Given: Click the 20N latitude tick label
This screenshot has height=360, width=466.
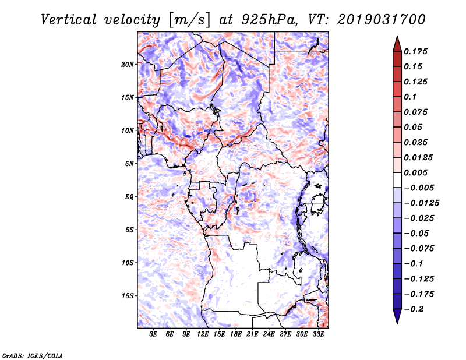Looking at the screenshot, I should (128, 64).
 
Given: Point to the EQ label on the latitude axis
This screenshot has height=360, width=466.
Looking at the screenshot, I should (129, 197).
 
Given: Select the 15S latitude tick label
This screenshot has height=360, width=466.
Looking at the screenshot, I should (128, 296).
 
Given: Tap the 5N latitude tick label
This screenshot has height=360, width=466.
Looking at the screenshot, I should (129, 164).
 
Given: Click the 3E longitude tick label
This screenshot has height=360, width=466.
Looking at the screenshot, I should (153, 335).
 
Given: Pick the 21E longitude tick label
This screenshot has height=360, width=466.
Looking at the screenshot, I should (253, 335).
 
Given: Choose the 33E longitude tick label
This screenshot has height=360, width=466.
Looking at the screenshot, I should (319, 335).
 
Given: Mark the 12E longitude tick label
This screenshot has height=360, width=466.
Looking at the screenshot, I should (203, 335).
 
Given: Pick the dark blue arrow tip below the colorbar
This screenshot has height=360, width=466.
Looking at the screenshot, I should (397, 319).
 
